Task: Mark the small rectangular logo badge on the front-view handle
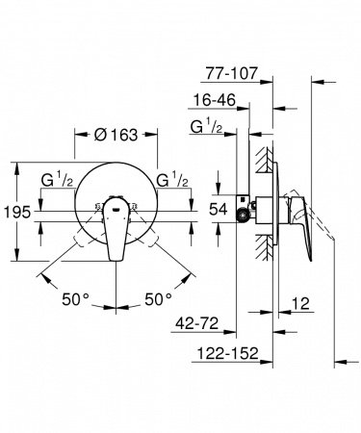(x=118, y=205)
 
